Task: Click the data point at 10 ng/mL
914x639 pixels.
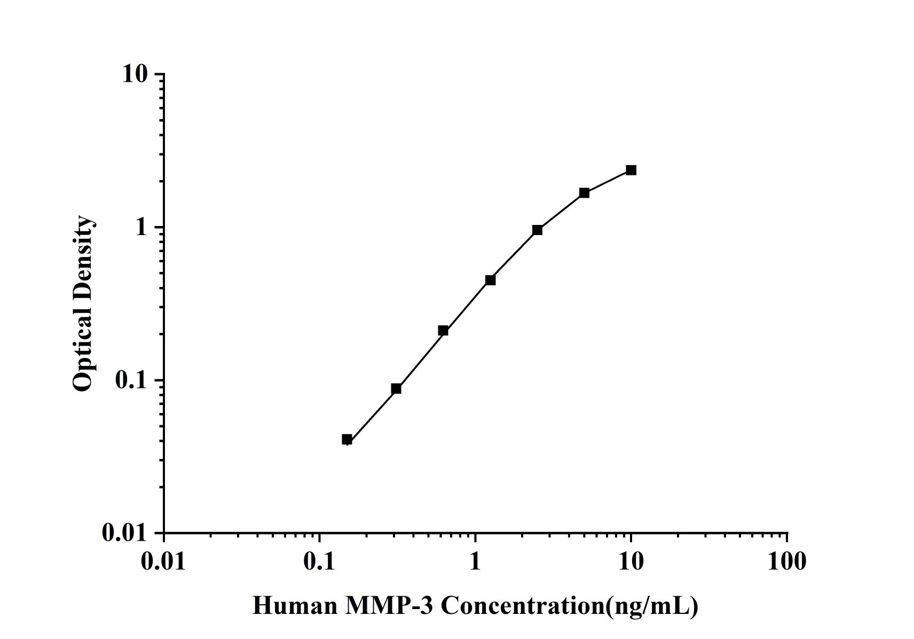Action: click(631, 170)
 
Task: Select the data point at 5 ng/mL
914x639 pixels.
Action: click(584, 193)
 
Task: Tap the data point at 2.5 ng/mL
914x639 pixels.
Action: click(537, 230)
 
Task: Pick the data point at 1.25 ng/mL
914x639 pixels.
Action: click(490, 280)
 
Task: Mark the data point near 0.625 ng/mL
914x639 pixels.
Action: click(443, 331)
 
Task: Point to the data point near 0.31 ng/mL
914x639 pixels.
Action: click(396, 388)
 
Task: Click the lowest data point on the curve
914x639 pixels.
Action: click(347, 440)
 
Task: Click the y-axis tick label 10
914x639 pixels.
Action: click(135, 74)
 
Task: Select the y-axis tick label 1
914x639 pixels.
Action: click(141, 228)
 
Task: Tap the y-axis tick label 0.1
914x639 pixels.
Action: click(130, 380)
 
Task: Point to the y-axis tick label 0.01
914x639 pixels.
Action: click(124, 533)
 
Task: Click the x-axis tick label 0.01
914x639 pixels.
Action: click(164, 562)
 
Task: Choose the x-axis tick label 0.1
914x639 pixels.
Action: click(319, 562)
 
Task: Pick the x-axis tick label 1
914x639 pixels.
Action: click(475, 562)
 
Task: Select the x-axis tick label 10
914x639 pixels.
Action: click(631, 562)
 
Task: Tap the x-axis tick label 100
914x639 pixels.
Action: click(787, 562)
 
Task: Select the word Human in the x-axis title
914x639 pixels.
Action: click(295, 606)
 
